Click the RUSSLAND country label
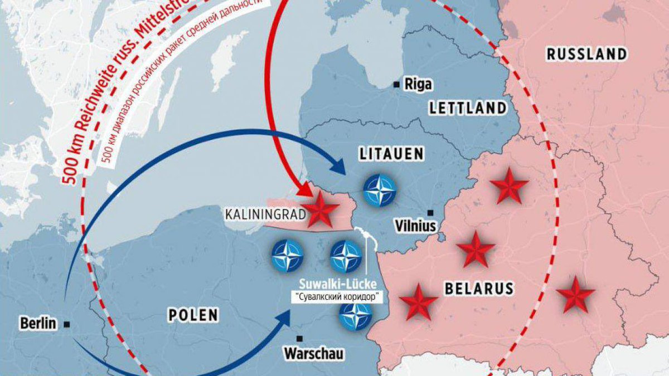pos(586,54)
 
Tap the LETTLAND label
pos(468,108)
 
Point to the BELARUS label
pos(478,288)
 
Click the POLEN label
pos(193,315)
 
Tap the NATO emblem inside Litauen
pos(380,189)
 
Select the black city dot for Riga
pos(396,84)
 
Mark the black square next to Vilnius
pos(430,213)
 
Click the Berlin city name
pos(38,323)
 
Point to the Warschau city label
pos(314,353)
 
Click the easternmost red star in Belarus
pos(575,295)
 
